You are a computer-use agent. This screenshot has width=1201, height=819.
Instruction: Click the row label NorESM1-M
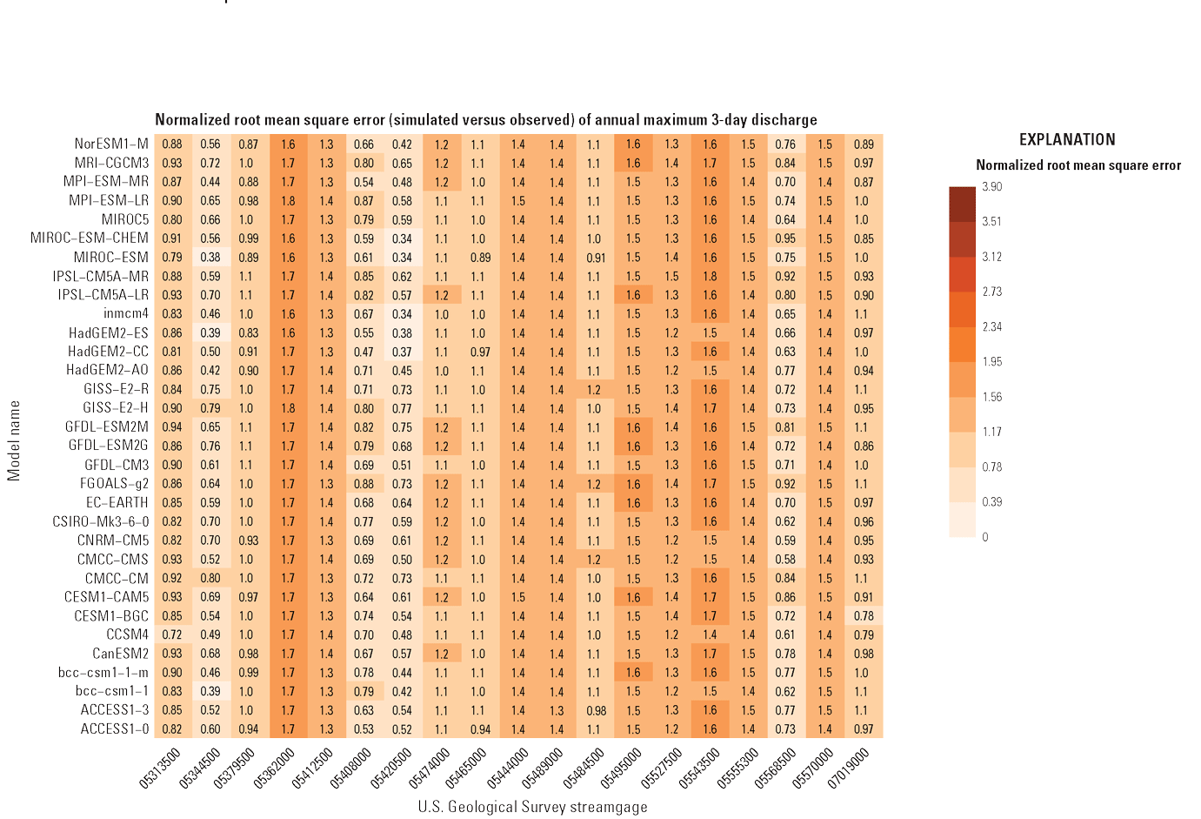click(x=111, y=144)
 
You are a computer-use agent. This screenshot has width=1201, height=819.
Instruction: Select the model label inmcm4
click(x=126, y=313)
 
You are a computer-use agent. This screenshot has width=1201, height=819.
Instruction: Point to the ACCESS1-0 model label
click(x=115, y=728)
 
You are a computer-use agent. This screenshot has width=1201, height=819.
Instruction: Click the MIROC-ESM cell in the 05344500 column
click(x=210, y=258)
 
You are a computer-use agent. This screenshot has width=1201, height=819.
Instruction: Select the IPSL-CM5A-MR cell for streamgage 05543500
click(x=710, y=277)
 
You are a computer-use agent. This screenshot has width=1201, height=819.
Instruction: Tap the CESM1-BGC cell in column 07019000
click(x=864, y=616)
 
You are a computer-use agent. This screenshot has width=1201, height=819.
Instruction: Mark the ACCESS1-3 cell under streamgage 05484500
click(x=595, y=710)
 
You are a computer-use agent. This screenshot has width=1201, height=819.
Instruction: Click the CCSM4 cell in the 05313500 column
click(x=172, y=634)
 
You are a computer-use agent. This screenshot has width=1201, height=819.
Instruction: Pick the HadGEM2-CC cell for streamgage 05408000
click(x=364, y=352)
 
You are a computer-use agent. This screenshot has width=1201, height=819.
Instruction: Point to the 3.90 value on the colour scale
click(x=991, y=186)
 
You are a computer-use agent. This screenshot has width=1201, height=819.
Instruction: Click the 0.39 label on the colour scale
click(x=991, y=501)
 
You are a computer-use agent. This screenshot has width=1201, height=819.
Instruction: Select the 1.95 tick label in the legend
click(x=991, y=361)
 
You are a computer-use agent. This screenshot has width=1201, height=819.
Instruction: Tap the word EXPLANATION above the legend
click(x=1067, y=139)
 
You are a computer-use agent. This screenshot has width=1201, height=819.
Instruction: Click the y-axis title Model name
click(x=14, y=440)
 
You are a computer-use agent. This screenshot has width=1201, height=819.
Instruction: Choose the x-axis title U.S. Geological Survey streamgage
click(x=532, y=807)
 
